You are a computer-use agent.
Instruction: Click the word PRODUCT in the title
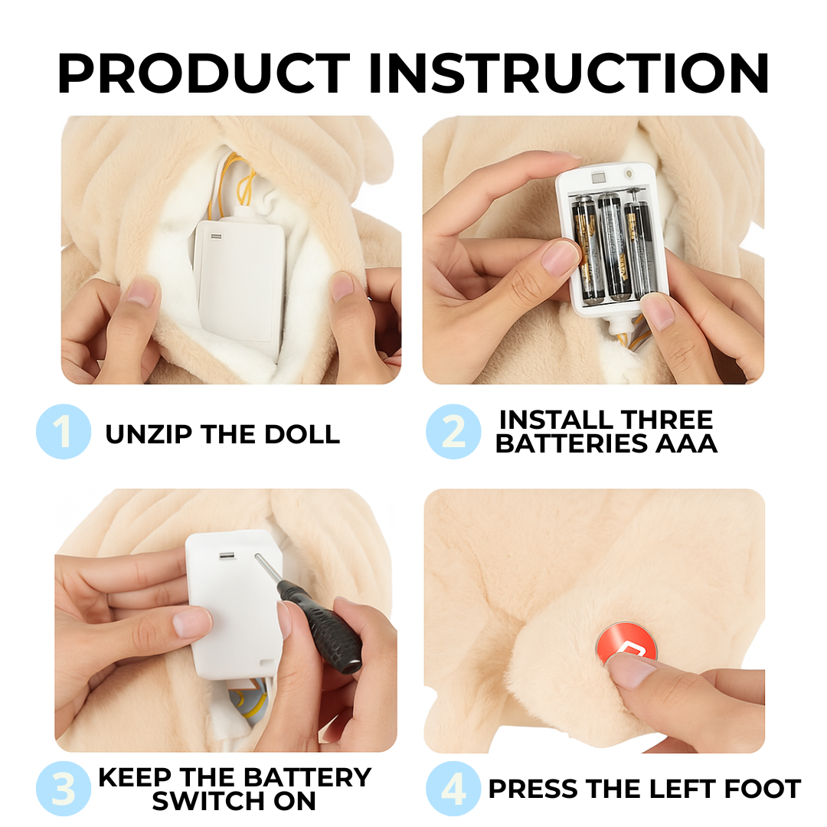pyautogui.click(x=204, y=73)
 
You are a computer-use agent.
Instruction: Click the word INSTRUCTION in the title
pyautogui.click(x=568, y=73)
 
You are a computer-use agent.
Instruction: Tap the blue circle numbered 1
pyautogui.click(x=64, y=431)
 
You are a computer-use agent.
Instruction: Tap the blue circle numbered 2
pyautogui.click(x=453, y=431)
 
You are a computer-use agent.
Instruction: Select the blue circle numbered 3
pyautogui.click(x=64, y=789)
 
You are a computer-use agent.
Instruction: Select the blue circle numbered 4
pyautogui.click(x=453, y=789)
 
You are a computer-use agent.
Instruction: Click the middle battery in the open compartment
pyautogui.click(x=611, y=246)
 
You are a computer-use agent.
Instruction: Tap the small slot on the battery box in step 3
pyautogui.click(x=227, y=556)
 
